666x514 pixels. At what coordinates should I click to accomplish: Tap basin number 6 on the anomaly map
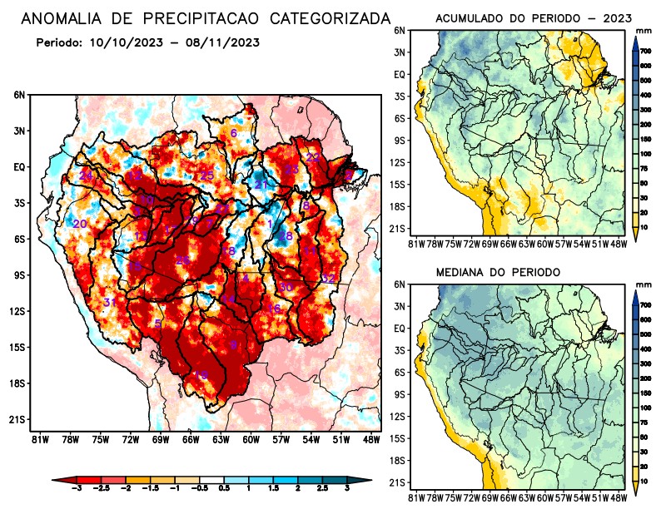pyautogui.click(x=234, y=133)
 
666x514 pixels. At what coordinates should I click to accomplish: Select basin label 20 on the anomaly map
pyautogui.click(x=80, y=225)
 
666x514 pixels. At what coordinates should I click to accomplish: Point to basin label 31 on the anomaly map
pyautogui.click(x=110, y=302)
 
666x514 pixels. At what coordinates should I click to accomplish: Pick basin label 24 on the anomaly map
pyautogui.click(x=86, y=176)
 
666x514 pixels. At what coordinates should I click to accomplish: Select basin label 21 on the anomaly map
pyautogui.click(x=261, y=185)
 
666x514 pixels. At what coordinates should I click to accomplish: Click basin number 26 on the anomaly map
pyautogui.click(x=182, y=261)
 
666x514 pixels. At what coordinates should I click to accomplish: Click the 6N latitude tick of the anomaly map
pyautogui.click(x=19, y=95)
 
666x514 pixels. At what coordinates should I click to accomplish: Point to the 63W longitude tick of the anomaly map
pyautogui.click(x=220, y=439)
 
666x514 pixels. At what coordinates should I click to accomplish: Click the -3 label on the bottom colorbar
pyautogui.click(x=76, y=491)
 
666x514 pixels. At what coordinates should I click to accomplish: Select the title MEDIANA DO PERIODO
pyautogui.click(x=498, y=272)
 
